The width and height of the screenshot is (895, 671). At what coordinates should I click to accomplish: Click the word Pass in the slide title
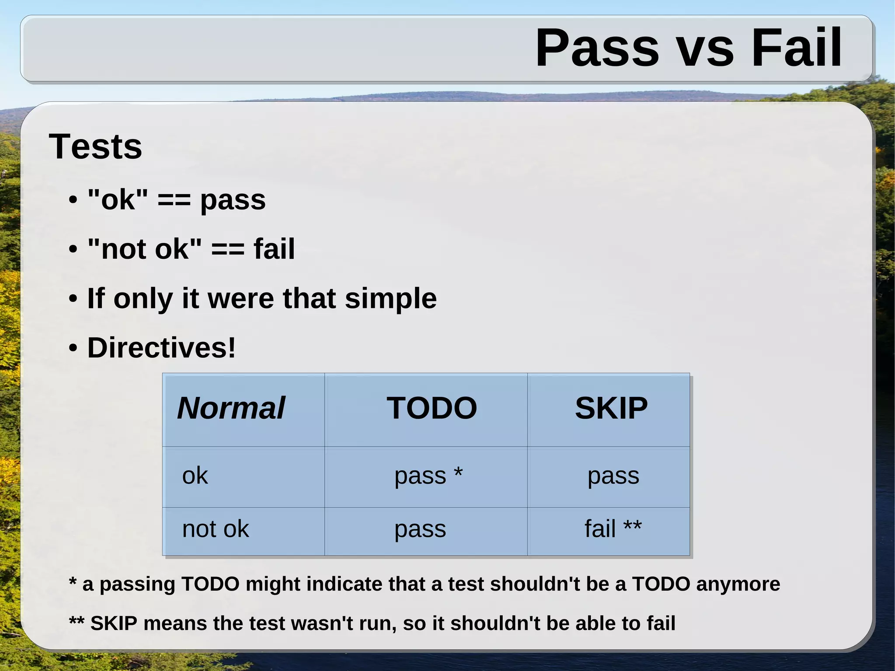point(597,48)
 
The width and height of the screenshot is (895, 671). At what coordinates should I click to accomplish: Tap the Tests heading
point(95,146)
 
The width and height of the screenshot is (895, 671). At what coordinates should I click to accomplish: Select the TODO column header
point(432,408)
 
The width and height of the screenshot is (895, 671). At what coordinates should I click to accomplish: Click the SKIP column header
point(611,408)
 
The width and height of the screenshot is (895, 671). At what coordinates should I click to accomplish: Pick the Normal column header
point(231,408)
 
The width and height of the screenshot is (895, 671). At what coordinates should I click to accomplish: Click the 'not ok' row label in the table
point(215,529)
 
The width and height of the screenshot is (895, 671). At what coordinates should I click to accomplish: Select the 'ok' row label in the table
point(195,476)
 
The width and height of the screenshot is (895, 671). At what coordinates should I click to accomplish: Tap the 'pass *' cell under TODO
point(428,476)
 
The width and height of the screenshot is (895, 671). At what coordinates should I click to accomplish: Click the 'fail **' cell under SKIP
point(613,529)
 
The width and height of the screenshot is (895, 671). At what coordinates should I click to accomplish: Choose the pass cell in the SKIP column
point(613,476)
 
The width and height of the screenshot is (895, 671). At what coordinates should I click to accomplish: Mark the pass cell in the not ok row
point(420,529)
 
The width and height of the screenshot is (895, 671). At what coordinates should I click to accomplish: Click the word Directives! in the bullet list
point(161,348)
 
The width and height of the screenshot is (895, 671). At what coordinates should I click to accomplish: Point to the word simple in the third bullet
point(391,299)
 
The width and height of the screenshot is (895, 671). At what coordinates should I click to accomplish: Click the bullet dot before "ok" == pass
point(73,201)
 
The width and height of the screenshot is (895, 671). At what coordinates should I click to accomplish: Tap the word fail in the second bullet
point(274,249)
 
